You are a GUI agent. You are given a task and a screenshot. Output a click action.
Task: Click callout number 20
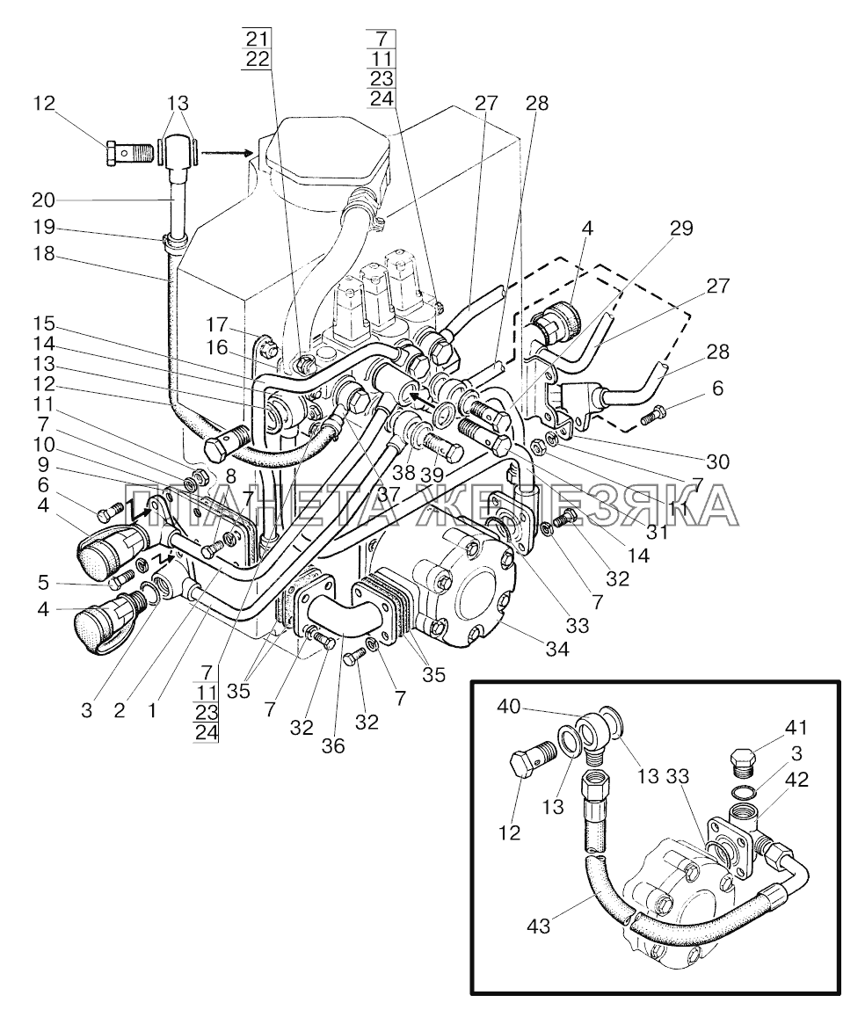(43, 200)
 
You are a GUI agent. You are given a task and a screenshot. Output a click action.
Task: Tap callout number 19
(43, 227)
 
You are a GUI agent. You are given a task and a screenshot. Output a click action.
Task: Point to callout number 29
(681, 228)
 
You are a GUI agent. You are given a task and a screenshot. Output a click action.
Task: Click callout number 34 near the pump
(557, 648)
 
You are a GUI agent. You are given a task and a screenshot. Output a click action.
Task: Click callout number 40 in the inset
(509, 706)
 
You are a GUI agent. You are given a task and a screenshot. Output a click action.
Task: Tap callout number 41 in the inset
(795, 728)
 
